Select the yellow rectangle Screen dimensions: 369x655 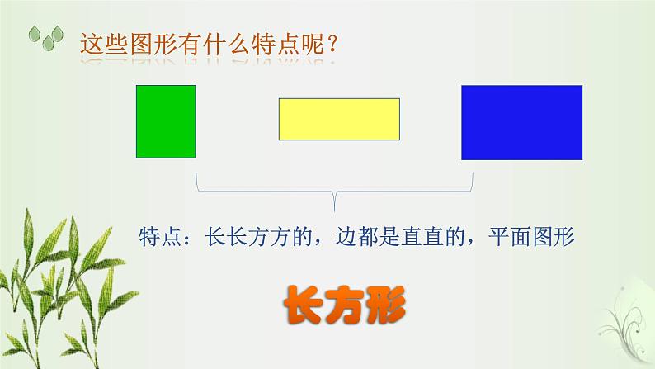point(339,118)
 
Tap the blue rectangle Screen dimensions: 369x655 point(521,122)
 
